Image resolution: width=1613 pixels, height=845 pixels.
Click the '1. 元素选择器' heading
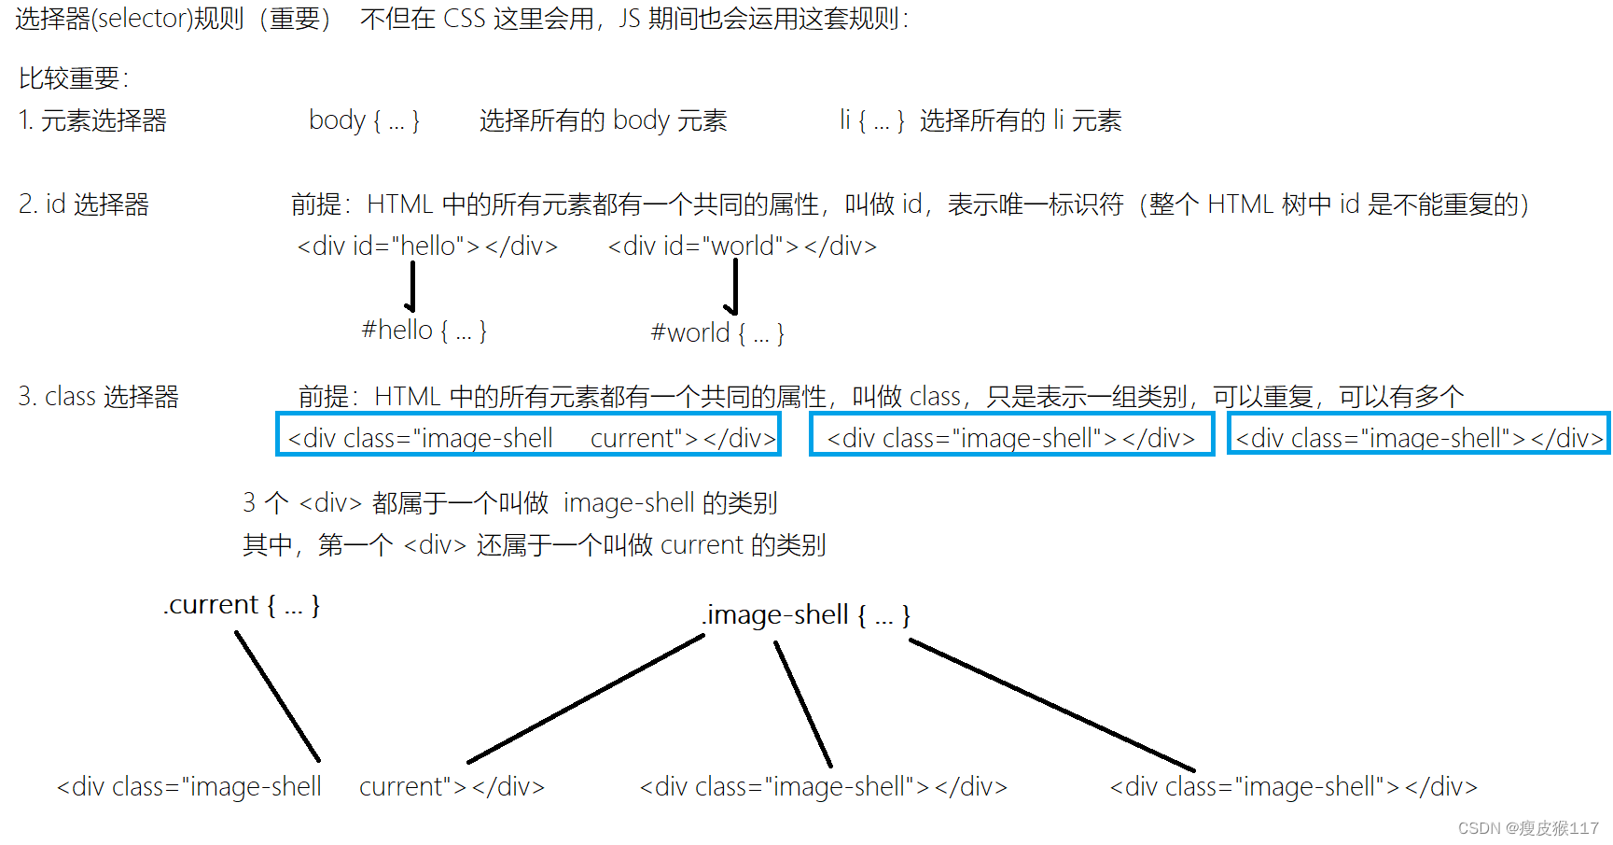[x=92, y=120]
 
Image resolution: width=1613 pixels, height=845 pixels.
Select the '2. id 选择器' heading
[x=84, y=204]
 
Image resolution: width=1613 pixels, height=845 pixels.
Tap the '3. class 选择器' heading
[x=98, y=397]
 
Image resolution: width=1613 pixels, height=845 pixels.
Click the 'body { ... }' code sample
[x=364, y=120]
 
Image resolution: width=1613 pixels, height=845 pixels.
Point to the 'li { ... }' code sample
[x=871, y=120]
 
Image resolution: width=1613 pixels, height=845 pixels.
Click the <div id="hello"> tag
[x=427, y=246]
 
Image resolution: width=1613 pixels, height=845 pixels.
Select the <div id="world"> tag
[x=742, y=246]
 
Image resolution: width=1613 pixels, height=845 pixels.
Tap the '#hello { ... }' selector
[x=424, y=331]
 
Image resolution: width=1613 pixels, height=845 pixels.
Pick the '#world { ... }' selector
[x=716, y=333]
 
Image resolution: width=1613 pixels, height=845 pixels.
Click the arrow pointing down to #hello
[x=411, y=287]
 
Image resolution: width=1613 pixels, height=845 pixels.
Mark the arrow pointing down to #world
[x=734, y=288]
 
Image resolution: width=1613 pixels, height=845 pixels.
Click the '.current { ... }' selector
[x=243, y=605]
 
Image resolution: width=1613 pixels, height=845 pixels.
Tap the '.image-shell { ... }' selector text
[x=806, y=615]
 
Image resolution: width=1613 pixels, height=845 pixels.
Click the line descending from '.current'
[x=278, y=697]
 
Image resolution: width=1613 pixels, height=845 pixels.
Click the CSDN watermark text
[x=1527, y=828]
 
